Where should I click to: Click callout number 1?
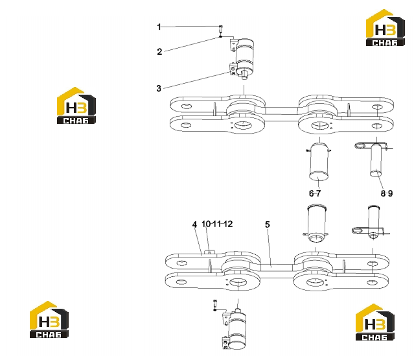[x=159, y=27]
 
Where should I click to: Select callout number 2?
[x=159, y=51]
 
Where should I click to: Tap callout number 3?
[x=159, y=88]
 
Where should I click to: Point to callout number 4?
[x=194, y=224]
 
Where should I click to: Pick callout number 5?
[x=268, y=224]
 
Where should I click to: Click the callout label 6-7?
[x=315, y=193]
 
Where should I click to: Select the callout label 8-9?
[x=387, y=193]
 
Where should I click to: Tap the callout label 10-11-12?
[x=217, y=224]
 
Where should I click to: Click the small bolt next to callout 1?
[x=221, y=29]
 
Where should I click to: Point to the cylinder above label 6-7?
[x=319, y=162]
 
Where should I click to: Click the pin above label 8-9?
[x=376, y=160]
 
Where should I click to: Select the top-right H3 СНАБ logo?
[x=385, y=28]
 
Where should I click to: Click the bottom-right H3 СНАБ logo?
[x=375, y=322]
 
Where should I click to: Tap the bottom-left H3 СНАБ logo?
[x=49, y=320]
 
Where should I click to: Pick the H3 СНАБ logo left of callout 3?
[x=76, y=106]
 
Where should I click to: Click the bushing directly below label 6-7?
[x=317, y=223]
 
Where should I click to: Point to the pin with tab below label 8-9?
[x=372, y=223]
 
